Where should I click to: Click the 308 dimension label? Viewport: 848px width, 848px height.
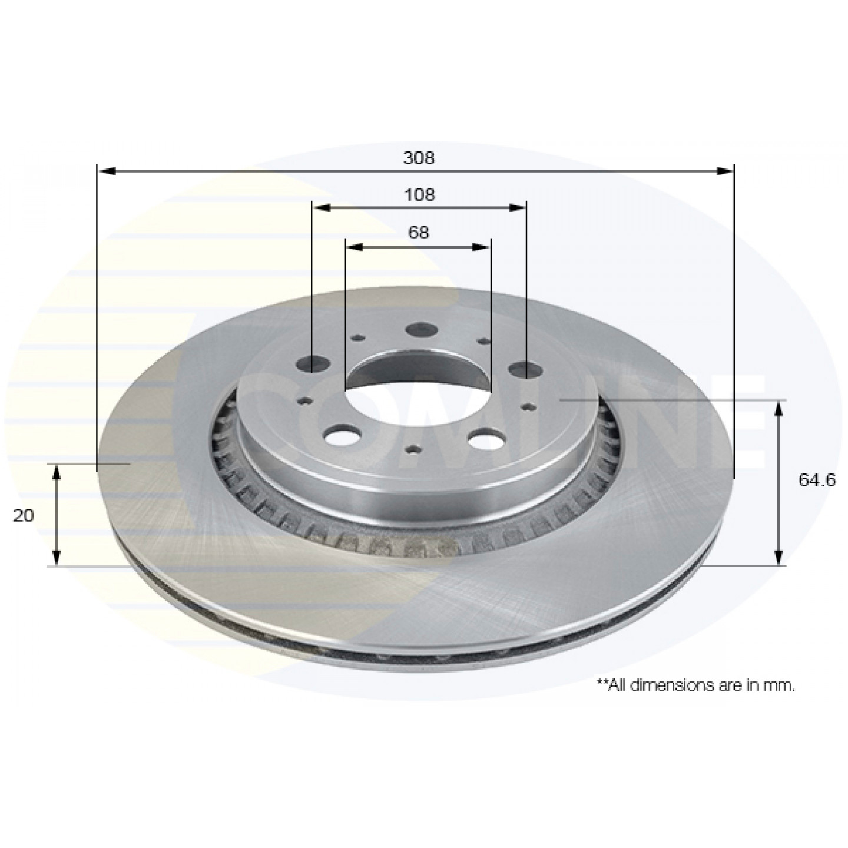coord(419,158)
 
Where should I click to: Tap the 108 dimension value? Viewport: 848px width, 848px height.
coord(419,194)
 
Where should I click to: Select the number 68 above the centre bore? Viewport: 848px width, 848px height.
coord(418,233)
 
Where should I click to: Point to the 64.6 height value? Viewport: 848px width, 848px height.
coord(817,480)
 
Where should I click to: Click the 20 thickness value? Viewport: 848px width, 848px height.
coord(24,515)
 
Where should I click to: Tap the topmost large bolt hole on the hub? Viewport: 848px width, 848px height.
coord(421,329)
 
